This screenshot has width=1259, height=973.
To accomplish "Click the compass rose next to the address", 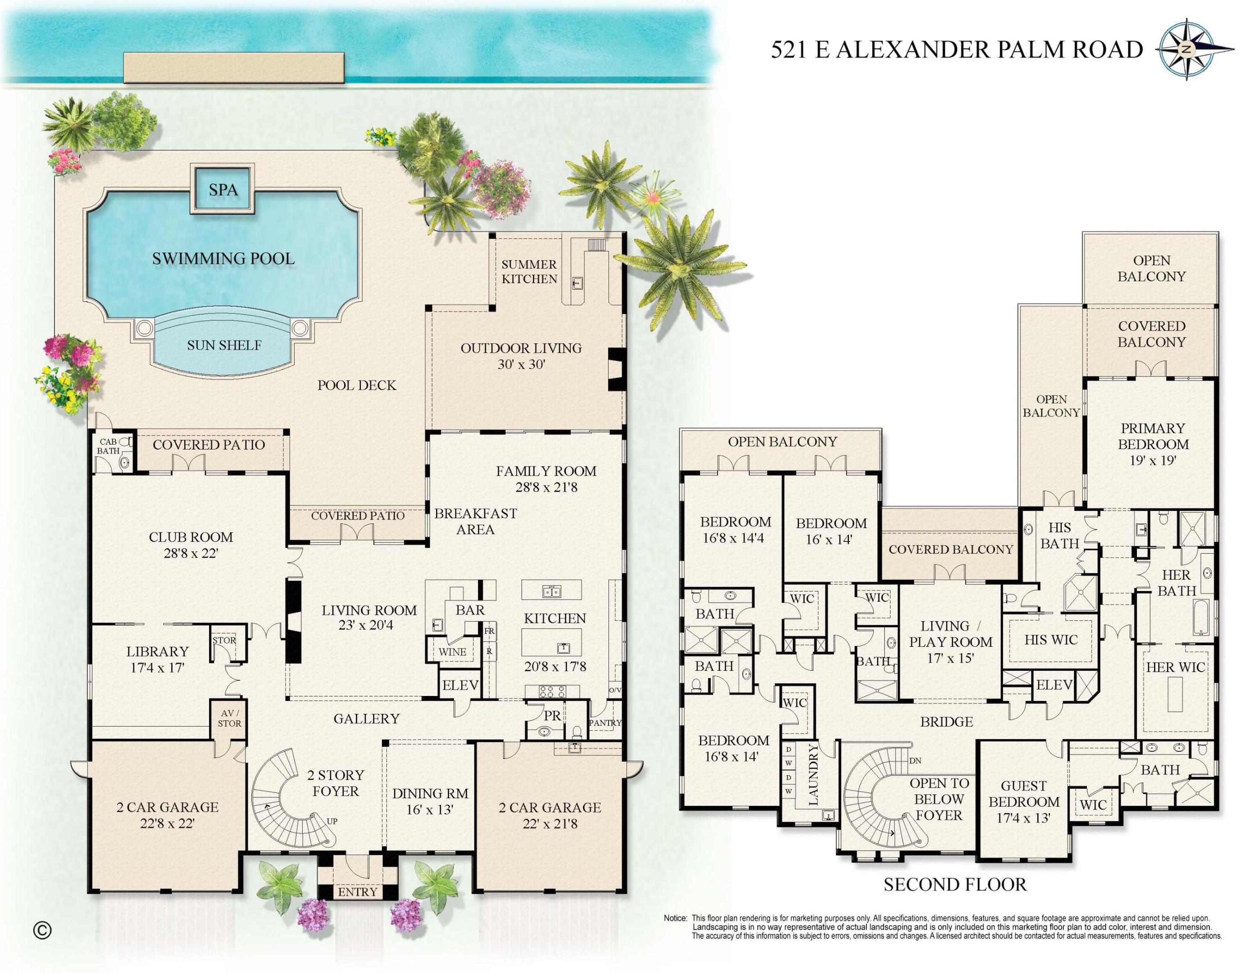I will [1186, 50].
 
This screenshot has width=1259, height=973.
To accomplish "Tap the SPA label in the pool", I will [223, 190].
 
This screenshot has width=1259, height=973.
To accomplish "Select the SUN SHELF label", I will [224, 345].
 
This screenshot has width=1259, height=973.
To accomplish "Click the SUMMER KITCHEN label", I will [529, 272].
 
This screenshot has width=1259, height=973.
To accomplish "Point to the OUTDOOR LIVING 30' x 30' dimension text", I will [521, 364].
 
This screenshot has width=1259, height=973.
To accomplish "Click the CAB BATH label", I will [109, 446].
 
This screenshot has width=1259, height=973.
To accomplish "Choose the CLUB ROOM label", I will [191, 537].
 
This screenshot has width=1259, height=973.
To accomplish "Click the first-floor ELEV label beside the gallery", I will [459, 685].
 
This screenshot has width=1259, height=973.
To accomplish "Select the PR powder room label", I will [552, 715].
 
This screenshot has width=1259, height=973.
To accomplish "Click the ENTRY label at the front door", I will [357, 892].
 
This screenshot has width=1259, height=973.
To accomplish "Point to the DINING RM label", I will [430, 793].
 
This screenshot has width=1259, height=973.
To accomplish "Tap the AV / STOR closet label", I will [229, 718].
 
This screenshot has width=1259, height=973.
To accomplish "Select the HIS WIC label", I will [1050, 639].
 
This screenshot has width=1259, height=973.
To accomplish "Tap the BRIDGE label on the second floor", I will [946, 722].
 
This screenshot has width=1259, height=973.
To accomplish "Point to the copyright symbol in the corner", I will [42, 930].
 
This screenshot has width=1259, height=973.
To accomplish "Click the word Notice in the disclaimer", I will [675, 918].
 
